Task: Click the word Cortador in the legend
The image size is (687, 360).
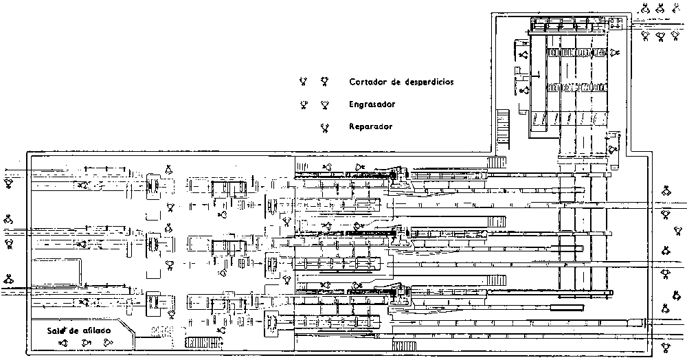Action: tap(368, 82)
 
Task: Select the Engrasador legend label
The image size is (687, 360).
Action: tap(372, 104)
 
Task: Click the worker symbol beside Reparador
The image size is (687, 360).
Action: tap(324, 127)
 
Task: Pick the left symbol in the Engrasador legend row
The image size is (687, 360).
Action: tap(302, 105)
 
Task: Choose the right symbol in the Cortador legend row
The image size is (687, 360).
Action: tap(324, 82)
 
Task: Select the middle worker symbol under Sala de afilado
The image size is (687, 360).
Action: tap(85, 343)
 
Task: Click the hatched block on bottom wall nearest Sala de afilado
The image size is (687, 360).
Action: tap(200, 342)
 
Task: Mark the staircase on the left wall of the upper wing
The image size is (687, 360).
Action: tap(502, 124)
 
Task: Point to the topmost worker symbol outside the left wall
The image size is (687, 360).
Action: tap(9, 183)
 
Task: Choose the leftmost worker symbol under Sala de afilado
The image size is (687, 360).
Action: tap(63, 343)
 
